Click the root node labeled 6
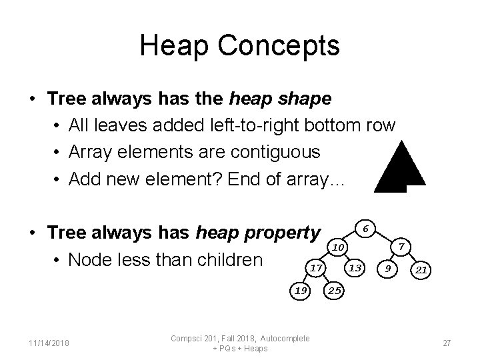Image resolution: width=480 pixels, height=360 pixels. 365,228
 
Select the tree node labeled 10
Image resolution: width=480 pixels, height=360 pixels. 339,247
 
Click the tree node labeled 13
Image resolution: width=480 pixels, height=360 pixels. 356,268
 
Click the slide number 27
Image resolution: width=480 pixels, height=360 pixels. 447,343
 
